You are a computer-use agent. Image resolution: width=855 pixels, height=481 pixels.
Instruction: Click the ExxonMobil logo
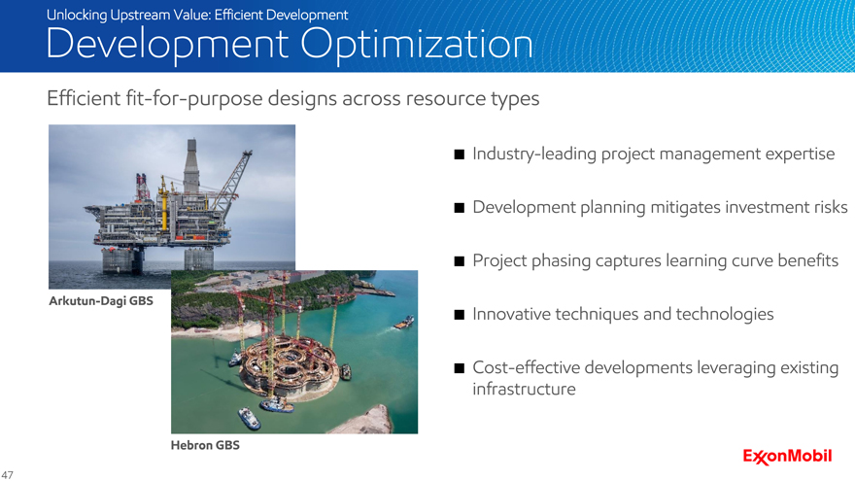(x=787, y=457)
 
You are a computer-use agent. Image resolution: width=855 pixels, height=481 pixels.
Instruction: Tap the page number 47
(x=7, y=475)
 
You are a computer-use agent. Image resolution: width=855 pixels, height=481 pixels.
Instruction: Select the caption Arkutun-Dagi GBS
(x=101, y=301)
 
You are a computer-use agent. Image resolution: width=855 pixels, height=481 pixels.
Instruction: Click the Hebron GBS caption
(x=205, y=445)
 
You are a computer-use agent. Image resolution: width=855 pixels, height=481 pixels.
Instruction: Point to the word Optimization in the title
(x=417, y=45)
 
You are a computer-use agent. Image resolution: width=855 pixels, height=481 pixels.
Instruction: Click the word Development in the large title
(x=167, y=45)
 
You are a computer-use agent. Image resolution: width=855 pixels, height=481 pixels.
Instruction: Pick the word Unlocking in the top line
(x=77, y=15)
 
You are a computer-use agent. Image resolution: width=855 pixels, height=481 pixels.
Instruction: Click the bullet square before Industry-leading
(x=460, y=155)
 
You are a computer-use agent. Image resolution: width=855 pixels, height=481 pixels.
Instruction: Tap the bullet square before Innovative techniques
(x=460, y=315)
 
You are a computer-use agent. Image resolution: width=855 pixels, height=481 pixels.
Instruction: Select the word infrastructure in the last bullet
(x=524, y=389)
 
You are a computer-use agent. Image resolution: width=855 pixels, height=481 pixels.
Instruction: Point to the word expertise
(x=800, y=155)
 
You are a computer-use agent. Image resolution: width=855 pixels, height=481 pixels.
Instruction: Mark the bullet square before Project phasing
(x=460, y=261)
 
